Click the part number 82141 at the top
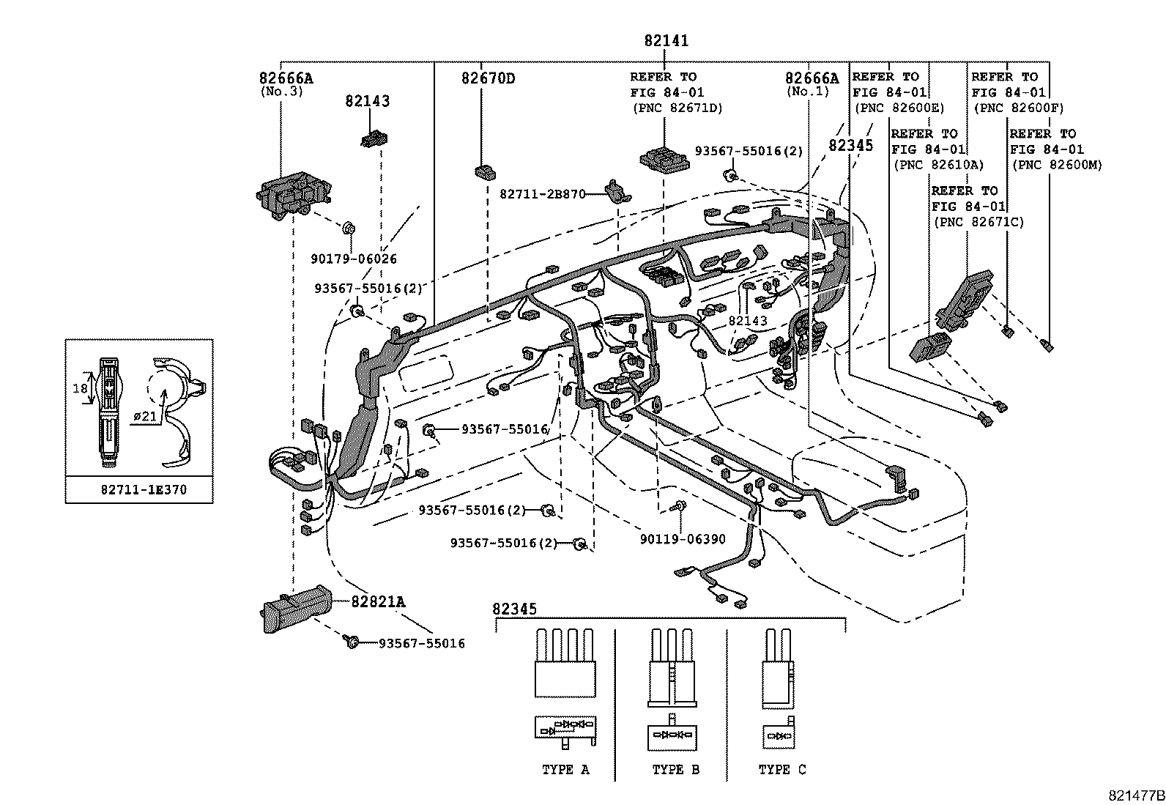coord(666,41)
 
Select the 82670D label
coord(487,78)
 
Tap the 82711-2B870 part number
coord(543,194)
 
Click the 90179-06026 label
coord(353,259)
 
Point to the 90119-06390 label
coord(682,539)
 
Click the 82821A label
coord(377,602)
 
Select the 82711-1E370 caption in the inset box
coord(144,489)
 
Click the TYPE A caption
coord(565,770)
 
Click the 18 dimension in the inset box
coord(81,388)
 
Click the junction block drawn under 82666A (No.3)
coord(292,193)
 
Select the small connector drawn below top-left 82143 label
coord(374,139)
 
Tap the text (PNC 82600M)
coord(1056,166)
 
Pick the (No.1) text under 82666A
coord(808,92)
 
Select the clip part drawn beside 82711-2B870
coord(617,191)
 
